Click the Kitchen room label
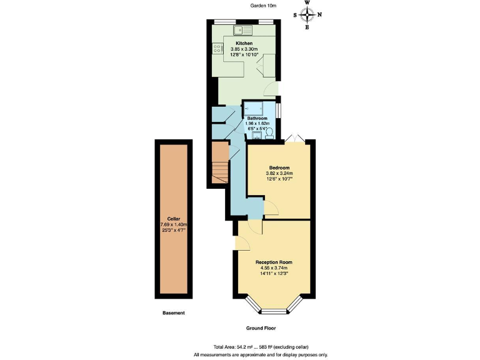coord(244,43)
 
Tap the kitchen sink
coord(242,29)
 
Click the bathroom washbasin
coord(256,133)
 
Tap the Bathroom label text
coord(257,118)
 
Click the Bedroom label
coord(279,167)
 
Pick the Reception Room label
coord(274,262)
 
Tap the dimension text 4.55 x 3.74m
coord(274,268)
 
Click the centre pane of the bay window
coord(273,311)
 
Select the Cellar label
coord(165,219)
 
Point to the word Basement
coord(173,312)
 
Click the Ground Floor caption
coord(261,327)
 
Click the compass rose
coord(307,14)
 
